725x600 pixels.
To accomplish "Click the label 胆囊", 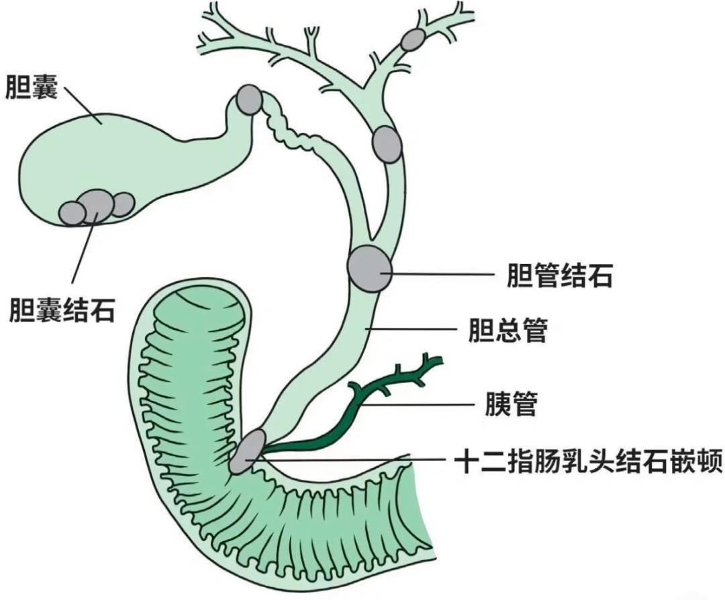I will tap(31, 87).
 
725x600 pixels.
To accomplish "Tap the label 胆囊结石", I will tap(62, 310).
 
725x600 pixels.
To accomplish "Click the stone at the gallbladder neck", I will tap(249, 99).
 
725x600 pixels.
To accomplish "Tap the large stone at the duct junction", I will tap(369, 268).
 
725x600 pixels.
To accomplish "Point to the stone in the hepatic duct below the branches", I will tap(387, 144).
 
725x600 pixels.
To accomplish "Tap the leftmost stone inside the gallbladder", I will tap(72, 213).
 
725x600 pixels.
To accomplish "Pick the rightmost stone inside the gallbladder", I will tap(122, 204).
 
